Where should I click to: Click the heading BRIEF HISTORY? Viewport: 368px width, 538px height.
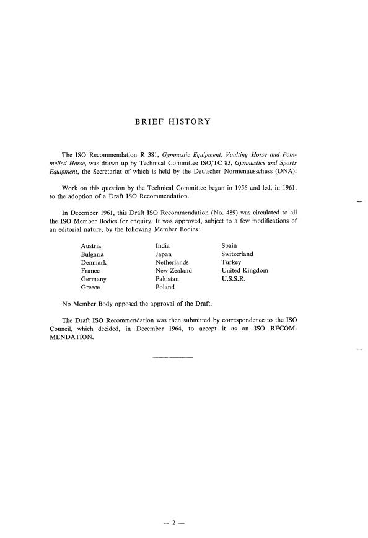pos(172,121)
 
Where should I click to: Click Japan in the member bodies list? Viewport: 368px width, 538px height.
pos(164,254)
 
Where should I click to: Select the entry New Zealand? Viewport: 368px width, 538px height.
pos(173,271)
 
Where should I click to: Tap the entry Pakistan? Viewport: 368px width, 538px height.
pos(168,279)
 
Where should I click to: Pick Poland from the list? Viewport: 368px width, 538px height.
pos(165,288)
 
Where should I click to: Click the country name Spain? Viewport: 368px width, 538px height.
pos(229,245)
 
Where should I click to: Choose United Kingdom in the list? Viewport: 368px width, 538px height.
pos(247,271)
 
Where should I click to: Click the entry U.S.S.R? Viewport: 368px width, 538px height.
pos(234,279)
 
